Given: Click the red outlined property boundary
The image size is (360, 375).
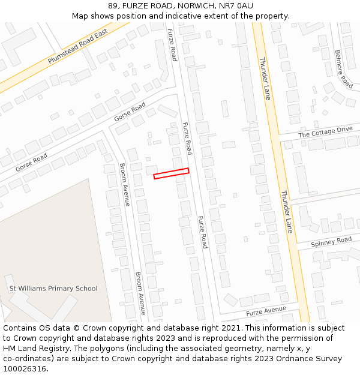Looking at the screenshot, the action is [x=171, y=173].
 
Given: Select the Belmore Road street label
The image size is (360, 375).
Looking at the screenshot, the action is [x=343, y=68].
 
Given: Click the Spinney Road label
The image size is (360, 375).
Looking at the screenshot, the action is [x=332, y=241].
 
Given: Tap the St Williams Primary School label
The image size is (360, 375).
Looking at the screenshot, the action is [x=53, y=289].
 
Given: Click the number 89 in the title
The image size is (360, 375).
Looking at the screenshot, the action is [x=113, y=5].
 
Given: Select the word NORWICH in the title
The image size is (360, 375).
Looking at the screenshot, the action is [x=195, y=5].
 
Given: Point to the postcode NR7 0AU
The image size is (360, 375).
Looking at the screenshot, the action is [x=236, y=5].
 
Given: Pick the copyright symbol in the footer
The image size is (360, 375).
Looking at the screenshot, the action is [x=76, y=328].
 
